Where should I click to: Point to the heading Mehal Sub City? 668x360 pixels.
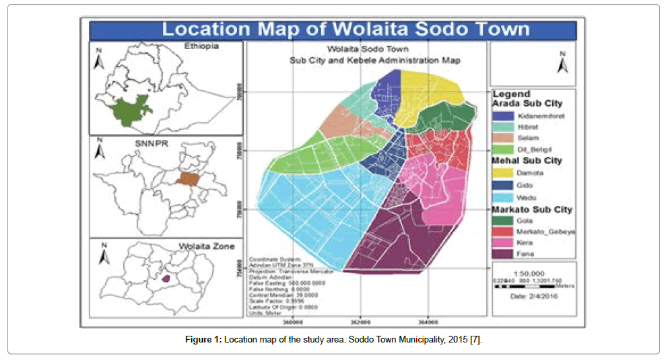click(x=527, y=161)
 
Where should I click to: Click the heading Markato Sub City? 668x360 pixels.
click(x=532, y=209)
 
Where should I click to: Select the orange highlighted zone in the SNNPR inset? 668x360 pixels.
click(x=189, y=179)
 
